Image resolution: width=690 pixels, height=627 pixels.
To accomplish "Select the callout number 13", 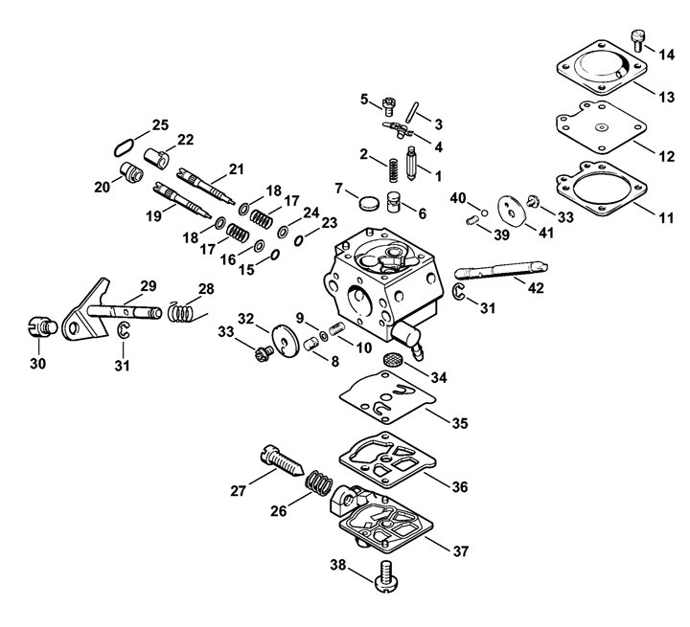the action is tap(665, 98).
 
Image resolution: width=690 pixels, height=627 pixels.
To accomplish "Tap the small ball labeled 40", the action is tap(484, 213).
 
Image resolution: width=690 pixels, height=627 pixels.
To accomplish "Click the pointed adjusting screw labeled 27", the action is tap(282, 460).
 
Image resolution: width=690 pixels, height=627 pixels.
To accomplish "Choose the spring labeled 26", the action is tap(319, 482).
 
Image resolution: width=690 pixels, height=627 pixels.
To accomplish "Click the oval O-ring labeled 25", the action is tap(124, 147).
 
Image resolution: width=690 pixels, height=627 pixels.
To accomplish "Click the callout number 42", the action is tap(536, 288).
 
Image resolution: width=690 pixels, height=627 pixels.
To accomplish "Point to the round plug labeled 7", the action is tap(368, 203).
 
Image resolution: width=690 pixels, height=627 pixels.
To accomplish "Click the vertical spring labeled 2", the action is tap(394, 170).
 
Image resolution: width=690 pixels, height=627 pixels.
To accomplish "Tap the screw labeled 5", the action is tap(388, 106).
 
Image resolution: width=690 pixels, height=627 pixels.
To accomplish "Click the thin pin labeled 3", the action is tap(413, 114).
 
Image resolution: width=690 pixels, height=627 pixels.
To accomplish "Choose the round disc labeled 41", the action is tap(512, 212).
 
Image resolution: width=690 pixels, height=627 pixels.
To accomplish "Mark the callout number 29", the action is tap(149, 286).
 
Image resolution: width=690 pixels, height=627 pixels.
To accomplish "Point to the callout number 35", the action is tap(460, 423).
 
